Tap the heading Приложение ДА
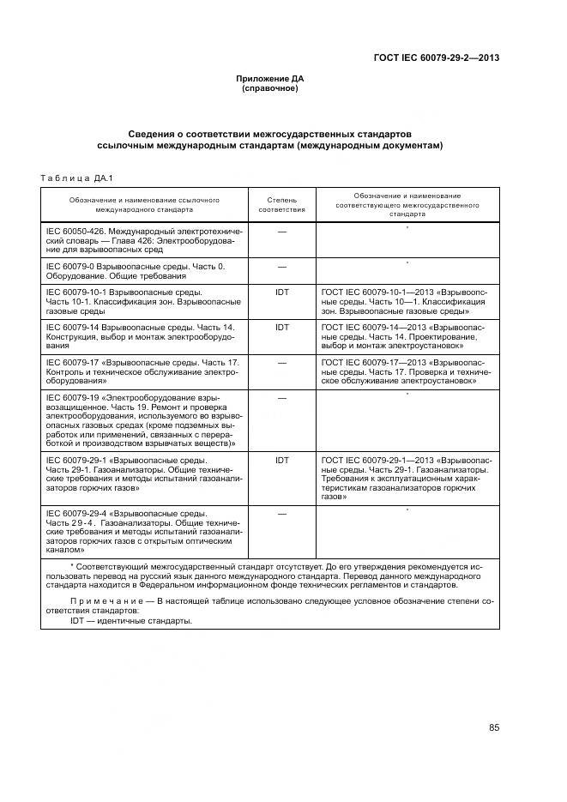pyautogui.click(x=270, y=79)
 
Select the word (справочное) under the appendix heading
pyautogui.click(x=270, y=88)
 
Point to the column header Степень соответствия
pyautogui.click(x=281, y=204)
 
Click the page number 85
pyautogui.click(x=494, y=727)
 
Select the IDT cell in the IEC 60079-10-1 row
pyautogui.click(x=281, y=292)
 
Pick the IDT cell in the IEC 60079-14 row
pyautogui.click(x=281, y=328)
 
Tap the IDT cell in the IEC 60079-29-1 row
pyautogui.click(x=281, y=461)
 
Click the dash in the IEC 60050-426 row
pyautogui.click(x=281, y=232)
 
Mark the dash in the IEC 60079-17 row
pyautogui.click(x=281, y=363)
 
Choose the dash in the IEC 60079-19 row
pyautogui.click(x=281, y=398)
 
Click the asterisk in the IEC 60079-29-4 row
pyautogui.click(x=407, y=510)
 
